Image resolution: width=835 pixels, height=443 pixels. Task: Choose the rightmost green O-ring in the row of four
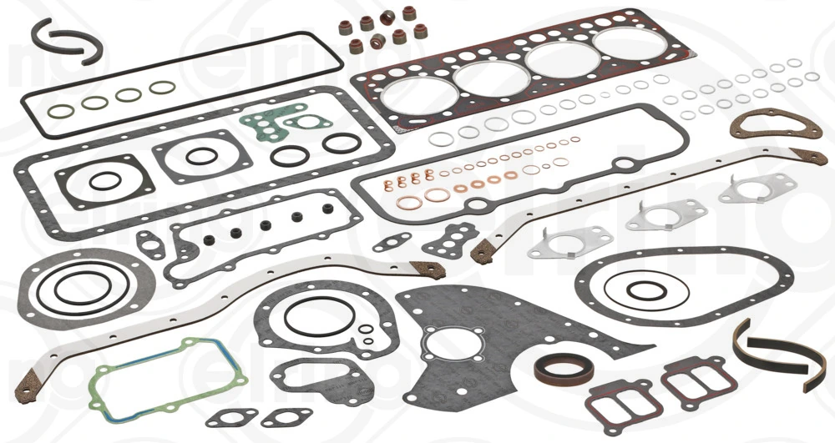(x=161, y=88)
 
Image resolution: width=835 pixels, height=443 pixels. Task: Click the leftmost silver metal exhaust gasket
(x=558, y=243)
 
